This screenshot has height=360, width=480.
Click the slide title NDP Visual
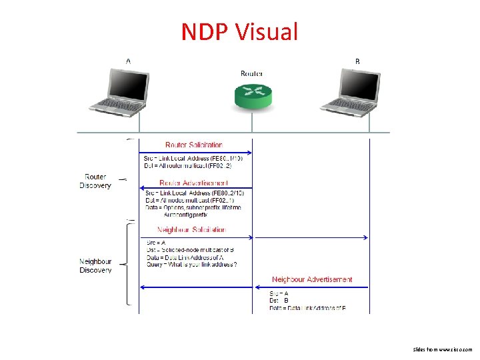pyautogui.click(x=239, y=31)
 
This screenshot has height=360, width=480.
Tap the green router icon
pyautogui.click(x=253, y=97)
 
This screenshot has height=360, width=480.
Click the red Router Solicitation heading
pyautogui.click(x=194, y=145)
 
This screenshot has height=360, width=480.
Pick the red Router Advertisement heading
pyautogui.click(x=194, y=183)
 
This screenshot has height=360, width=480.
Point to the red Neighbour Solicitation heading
pyautogui.click(x=191, y=229)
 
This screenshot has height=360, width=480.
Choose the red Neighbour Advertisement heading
pyautogui.click(x=312, y=279)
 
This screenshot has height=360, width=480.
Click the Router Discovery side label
pyautogui.click(x=95, y=181)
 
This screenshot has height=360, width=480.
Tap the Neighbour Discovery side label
pyautogui.click(x=95, y=266)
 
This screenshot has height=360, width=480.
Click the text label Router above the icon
pyautogui.click(x=252, y=73)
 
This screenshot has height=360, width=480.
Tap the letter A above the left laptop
pyautogui.click(x=128, y=61)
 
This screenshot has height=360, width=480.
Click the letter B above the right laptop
pyautogui.click(x=357, y=61)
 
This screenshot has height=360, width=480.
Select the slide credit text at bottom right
pyautogui.click(x=442, y=349)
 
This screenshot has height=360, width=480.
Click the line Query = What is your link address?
pyautogui.click(x=191, y=264)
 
